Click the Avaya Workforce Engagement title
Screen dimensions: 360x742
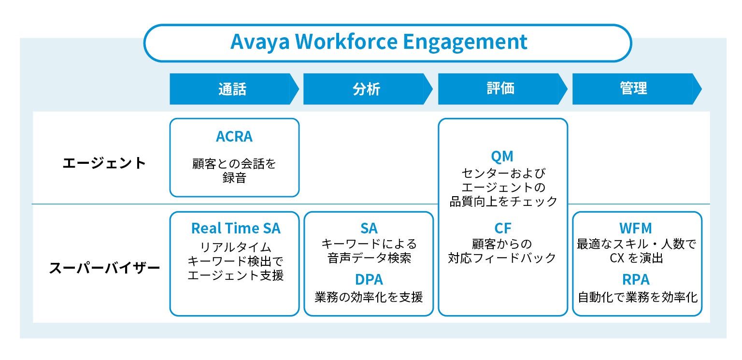tap(379, 43)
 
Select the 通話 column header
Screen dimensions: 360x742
tap(232, 89)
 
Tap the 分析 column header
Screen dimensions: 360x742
tap(367, 89)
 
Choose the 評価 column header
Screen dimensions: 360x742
tap(501, 89)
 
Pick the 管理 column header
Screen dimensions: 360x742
tap(633, 89)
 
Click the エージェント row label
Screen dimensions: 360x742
tap(104, 163)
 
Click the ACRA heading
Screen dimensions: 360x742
tap(234, 137)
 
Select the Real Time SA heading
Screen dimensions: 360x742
tap(235, 228)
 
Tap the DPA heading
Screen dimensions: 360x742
tap(369, 280)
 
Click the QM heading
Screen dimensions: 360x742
tap(502, 157)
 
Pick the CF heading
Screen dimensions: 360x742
tap(502, 228)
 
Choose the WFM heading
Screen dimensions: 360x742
tap(636, 228)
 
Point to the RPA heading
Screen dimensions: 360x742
tap(636, 280)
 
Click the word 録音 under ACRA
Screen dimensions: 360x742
tap(234, 178)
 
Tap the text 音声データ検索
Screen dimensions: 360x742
tap(369, 258)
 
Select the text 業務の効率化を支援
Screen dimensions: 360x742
tap(369, 297)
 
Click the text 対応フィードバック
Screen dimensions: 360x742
tap(502, 258)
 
